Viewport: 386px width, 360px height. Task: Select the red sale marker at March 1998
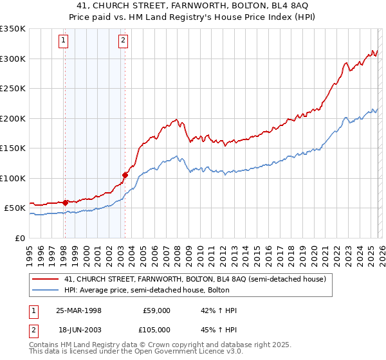coord(65,203)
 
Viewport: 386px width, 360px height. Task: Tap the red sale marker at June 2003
coord(125,175)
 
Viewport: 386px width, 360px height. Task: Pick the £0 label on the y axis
coord(20,238)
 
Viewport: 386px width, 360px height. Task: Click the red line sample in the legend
coord(46,279)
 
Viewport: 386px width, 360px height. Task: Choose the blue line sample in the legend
coord(46,290)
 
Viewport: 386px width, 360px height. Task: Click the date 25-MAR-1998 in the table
coord(78,310)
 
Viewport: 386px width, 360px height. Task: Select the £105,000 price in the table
coord(156,328)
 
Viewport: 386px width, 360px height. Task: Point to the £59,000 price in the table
coord(156,310)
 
